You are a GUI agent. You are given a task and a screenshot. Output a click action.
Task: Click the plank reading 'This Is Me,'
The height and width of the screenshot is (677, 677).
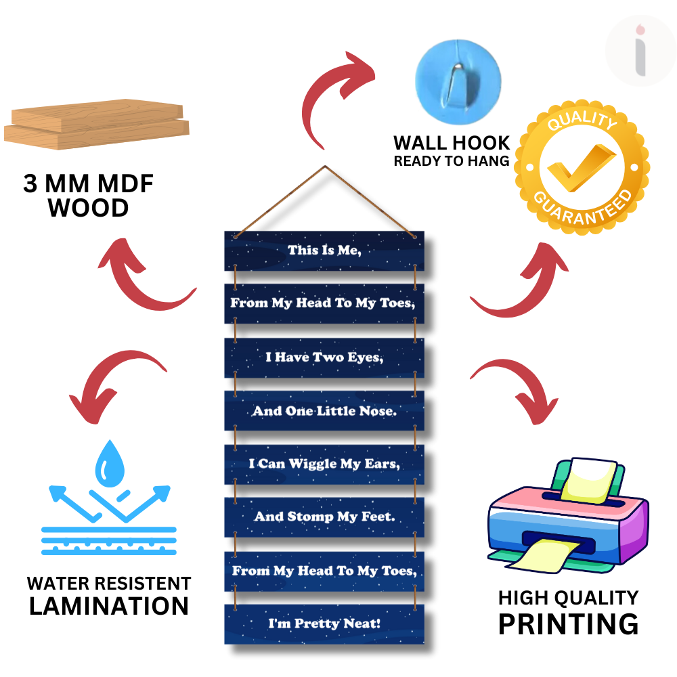click(x=324, y=250)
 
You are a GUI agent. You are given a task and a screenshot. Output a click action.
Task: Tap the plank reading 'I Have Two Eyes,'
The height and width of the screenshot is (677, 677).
click(x=324, y=357)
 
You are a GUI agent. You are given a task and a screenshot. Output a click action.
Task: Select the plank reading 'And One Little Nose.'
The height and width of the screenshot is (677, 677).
click(x=324, y=411)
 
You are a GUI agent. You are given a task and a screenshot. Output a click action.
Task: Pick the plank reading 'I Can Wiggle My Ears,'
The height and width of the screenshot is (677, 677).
click(x=324, y=464)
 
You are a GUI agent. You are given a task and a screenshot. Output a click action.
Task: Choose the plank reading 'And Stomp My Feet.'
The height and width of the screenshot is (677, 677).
click(x=324, y=517)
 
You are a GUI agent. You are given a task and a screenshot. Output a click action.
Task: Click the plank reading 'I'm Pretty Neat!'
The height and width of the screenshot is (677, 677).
click(x=324, y=624)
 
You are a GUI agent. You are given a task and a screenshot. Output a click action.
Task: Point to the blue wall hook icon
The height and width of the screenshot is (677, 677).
click(x=458, y=76)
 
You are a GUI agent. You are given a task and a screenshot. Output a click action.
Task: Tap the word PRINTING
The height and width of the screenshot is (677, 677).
click(x=568, y=624)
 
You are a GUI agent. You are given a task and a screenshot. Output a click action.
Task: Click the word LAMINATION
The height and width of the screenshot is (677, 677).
click(x=108, y=606)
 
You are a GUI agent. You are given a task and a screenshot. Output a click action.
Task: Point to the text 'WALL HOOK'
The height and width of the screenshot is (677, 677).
click(x=452, y=143)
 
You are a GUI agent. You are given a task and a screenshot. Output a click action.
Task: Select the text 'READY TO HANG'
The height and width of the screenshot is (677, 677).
click(x=452, y=161)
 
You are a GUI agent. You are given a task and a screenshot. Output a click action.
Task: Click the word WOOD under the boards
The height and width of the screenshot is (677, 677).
click(x=89, y=208)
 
